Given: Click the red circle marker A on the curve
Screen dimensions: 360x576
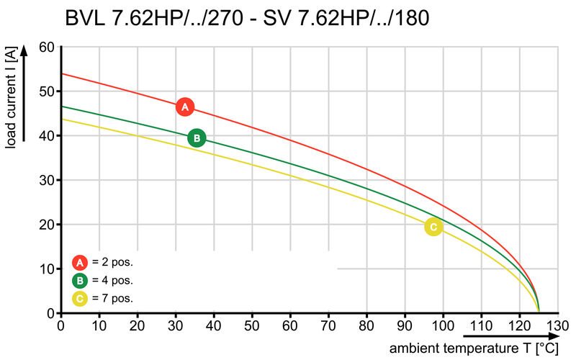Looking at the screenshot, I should click(185, 107).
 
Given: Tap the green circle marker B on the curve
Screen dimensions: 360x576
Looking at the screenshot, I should click(197, 138).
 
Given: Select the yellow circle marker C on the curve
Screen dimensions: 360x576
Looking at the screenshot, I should click(433, 228).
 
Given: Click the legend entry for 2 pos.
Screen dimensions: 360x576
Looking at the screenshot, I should click(103, 262).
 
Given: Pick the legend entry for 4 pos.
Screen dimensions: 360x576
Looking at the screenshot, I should click(103, 280).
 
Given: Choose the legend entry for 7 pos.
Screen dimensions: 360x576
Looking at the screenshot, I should click(103, 297).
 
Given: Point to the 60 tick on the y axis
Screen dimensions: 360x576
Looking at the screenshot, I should click(46, 48).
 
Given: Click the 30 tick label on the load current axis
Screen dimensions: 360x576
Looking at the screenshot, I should click(46, 181).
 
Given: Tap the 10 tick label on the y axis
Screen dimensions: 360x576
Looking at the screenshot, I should click(46, 269).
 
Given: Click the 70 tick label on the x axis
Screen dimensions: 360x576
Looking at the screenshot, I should click(328, 325).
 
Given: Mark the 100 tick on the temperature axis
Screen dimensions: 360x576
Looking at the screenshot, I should click(443, 325).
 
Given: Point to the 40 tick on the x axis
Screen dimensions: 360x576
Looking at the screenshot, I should click(214, 325).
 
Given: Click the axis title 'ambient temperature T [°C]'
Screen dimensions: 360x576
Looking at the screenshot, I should click(474, 348).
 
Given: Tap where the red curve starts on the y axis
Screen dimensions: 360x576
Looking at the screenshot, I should click(62, 74).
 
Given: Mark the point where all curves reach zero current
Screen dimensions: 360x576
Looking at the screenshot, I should click(538, 312).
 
